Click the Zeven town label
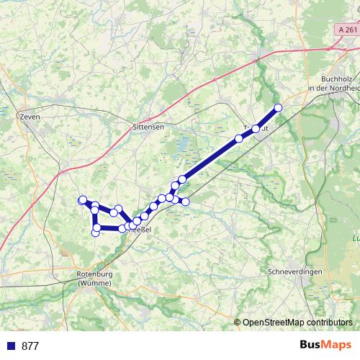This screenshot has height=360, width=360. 31,116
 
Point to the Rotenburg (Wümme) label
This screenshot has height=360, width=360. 94,279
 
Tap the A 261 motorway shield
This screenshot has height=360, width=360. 346,50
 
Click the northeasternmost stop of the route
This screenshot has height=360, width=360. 278,108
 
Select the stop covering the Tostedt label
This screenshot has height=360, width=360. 256,128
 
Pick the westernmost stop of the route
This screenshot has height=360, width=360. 82,200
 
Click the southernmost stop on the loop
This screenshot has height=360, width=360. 96,232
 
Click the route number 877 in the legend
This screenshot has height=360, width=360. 30,346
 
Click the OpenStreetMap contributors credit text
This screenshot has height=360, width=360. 297,322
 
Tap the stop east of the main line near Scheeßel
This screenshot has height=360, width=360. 185,202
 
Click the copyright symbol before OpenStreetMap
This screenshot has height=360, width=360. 238,322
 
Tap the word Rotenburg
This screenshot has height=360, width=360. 94,274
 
